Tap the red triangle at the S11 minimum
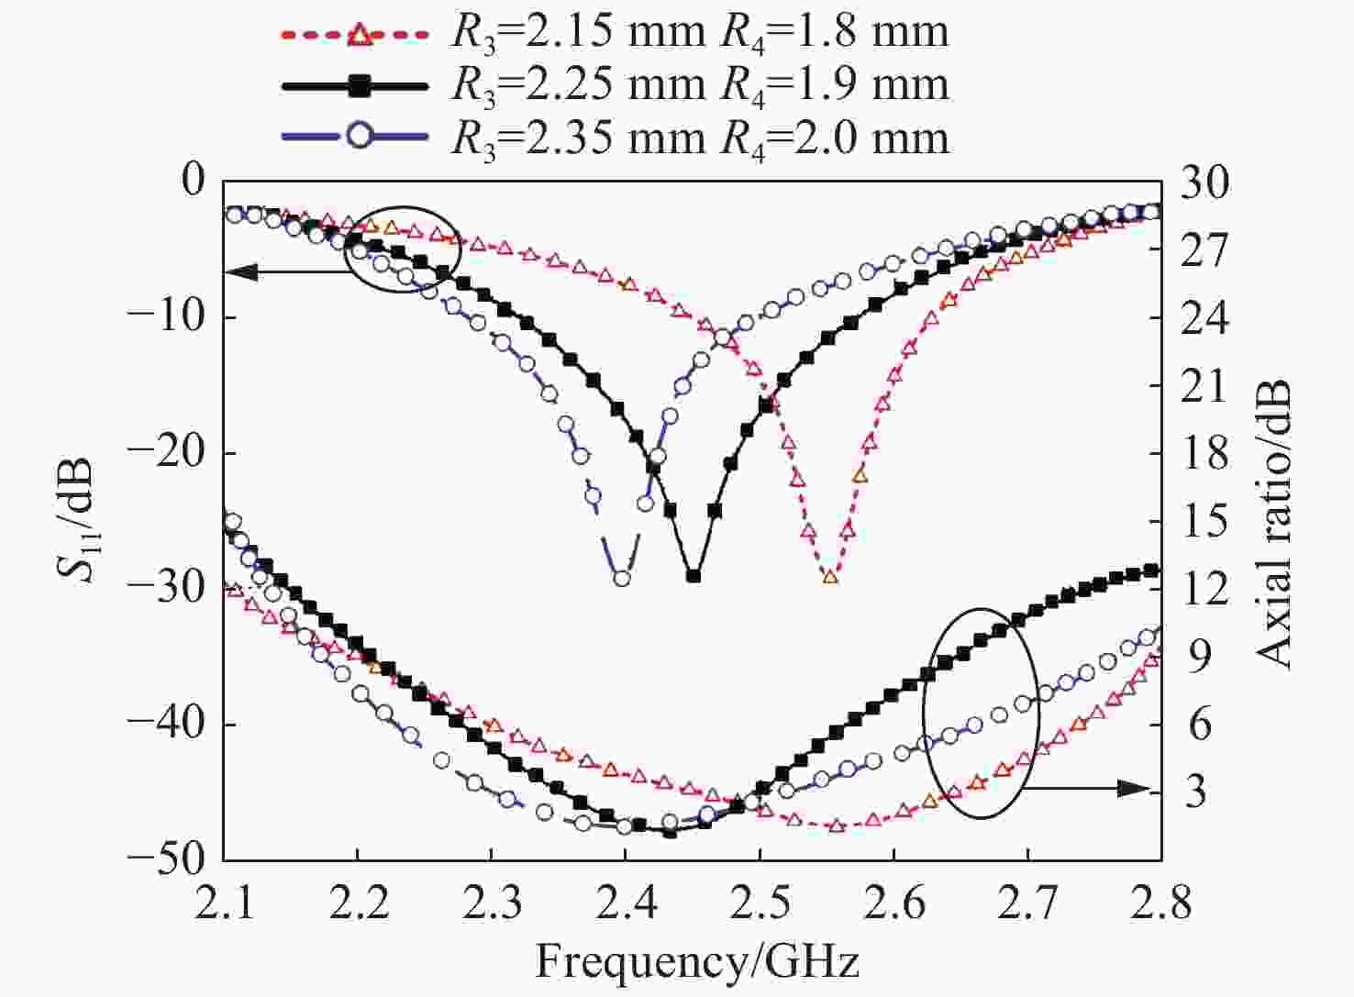click(x=830, y=576)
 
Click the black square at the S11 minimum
click(x=694, y=576)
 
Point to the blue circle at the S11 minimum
click(x=622, y=578)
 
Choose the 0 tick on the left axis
click(x=194, y=183)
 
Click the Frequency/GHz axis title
click(x=697, y=962)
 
